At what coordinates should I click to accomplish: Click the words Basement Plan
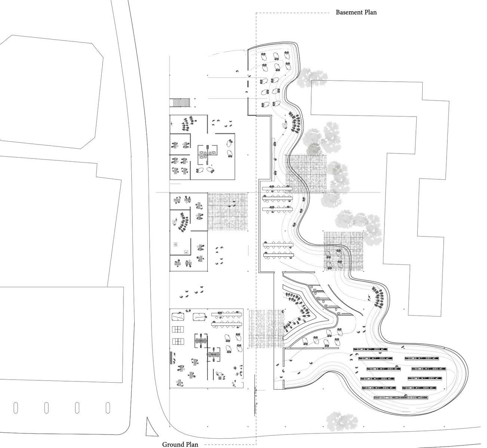pos(356,12)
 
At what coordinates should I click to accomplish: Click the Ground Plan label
pos(178,444)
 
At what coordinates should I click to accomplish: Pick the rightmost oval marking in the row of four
pos(108,407)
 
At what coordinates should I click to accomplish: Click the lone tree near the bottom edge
pos(339,421)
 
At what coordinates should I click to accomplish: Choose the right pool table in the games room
pos(200,317)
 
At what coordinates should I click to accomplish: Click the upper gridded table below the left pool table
pos(178,329)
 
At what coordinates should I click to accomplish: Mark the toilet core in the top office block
pos(204,154)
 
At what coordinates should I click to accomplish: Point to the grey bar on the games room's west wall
pos(171,358)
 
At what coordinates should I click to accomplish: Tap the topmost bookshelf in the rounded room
pos(370,349)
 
